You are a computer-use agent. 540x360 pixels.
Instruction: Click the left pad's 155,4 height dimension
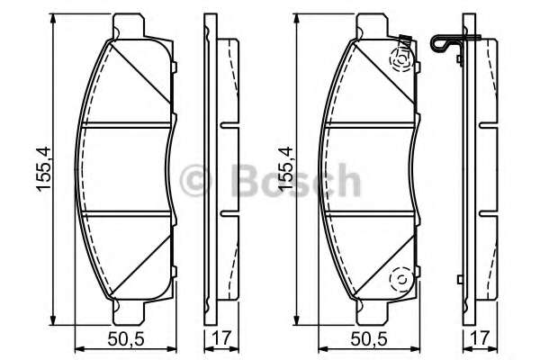click(x=44, y=169)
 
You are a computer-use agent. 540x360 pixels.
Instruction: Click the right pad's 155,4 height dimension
click(x=286, y=169)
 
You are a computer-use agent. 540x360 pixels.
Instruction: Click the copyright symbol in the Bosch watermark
click(x=195, y=179)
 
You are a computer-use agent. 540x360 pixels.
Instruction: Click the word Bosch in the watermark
click(x=296, y=179)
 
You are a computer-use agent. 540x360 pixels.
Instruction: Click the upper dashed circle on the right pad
click(x=401, y=60)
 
